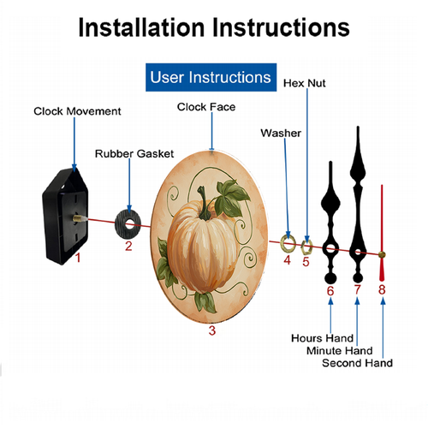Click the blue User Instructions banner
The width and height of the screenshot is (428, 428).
(211, 77)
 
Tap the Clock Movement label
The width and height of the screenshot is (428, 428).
(77, 111)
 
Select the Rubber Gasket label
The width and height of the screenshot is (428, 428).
(134, 154)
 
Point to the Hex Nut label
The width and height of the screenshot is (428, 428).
(304, 83)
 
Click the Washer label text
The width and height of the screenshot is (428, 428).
(281, 134)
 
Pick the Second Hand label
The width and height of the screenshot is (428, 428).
(357, 363)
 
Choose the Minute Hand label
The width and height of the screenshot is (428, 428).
(340, 351)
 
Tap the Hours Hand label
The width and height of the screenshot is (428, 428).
(322, 338)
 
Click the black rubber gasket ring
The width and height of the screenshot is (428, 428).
(121, 224)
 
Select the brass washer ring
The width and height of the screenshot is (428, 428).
(283, 243)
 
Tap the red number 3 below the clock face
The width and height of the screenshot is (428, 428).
(212, 330)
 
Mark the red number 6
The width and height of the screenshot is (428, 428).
(330, 291)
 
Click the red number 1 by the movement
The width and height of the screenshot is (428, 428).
(78, 258)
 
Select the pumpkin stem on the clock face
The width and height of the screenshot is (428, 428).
(204, 203)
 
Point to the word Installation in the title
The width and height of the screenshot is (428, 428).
(141, 27)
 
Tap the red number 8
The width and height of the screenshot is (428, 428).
(382, 290)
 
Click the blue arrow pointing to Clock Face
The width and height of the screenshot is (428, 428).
(211, 131)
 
